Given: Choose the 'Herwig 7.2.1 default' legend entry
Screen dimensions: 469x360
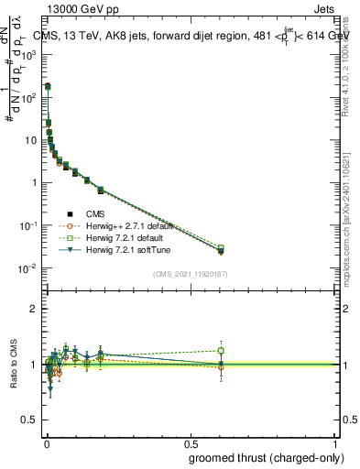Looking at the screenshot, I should click(114, 236).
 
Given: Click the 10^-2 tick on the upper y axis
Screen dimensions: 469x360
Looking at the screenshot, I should click(30, 268).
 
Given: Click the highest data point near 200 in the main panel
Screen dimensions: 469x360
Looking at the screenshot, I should click(48, 86).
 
